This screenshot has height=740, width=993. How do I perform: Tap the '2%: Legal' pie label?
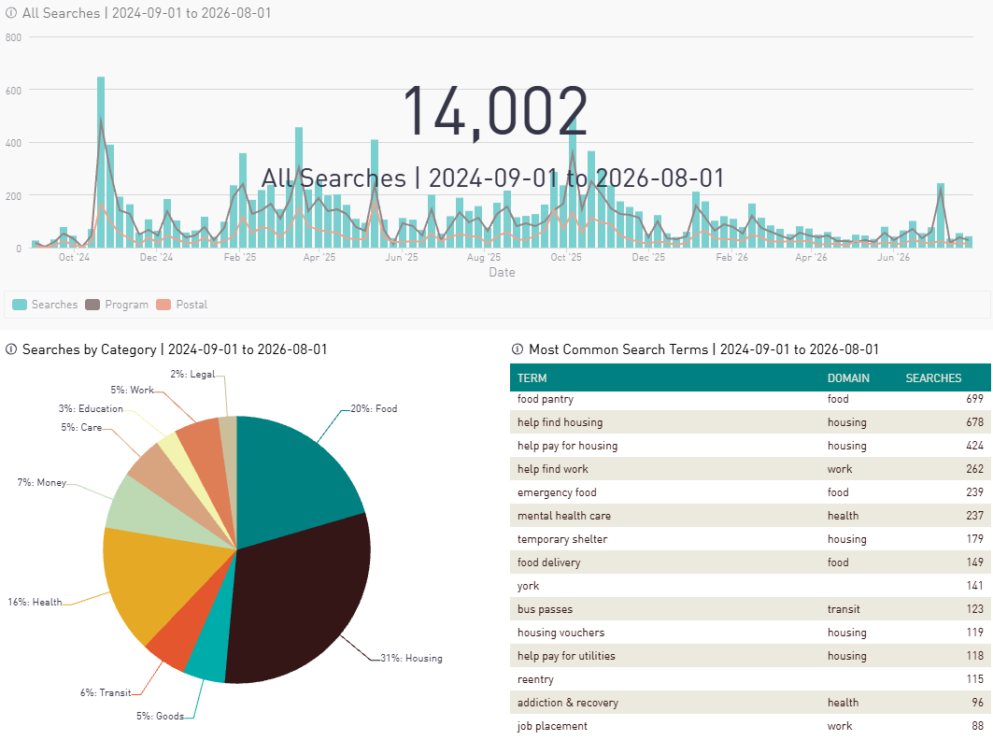point(192,375)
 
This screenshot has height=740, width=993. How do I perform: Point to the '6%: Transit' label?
point(106,693)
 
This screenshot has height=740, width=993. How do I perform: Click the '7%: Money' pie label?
point(42,483)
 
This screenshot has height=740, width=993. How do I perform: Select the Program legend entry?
point(117,305)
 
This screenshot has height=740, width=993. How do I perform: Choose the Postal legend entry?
point(182,305)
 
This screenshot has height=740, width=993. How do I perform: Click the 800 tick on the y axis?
point(13,37)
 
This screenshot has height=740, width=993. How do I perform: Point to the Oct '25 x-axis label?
point(565,257)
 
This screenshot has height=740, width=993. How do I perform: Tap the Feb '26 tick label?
point(731,257)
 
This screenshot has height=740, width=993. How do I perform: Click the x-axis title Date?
point(502,273)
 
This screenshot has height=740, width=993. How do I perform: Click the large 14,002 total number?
point(495,111)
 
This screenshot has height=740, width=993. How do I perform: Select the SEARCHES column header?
point(933,378)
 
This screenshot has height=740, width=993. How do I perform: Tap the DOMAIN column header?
point(848,378)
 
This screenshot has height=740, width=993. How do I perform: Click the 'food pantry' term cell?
point(546,399)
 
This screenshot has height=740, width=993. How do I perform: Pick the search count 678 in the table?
point(974,422)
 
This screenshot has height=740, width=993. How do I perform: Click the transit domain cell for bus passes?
point(844,609)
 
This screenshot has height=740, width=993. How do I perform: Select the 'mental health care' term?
point(563,516)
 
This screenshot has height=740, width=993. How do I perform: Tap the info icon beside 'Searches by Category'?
point(11,349)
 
